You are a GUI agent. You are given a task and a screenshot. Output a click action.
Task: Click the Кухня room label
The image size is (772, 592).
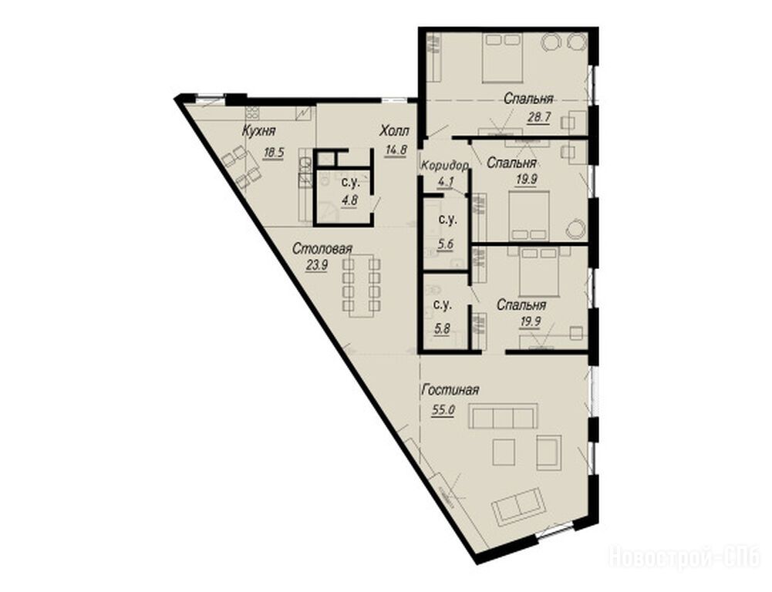point(258,131)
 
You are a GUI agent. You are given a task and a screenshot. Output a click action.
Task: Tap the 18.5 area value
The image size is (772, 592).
point(274,153)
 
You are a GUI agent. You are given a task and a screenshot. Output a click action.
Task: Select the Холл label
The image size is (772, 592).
point(394,131)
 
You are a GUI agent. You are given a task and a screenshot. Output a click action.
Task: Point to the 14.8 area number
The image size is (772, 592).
point(396,150)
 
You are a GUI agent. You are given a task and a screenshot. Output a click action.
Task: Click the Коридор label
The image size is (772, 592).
point(444,166)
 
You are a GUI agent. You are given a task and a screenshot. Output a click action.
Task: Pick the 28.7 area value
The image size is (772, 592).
point(538,118)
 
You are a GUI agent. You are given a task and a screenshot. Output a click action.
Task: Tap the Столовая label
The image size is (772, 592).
point(322,248)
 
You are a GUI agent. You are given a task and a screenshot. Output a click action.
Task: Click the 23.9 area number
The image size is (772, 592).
point(317,266)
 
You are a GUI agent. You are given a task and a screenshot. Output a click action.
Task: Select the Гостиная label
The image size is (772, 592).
point(450,390)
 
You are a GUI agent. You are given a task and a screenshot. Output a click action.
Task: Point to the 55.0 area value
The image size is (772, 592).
point(443,409)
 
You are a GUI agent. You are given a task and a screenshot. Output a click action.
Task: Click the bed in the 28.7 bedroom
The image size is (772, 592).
point(501,57)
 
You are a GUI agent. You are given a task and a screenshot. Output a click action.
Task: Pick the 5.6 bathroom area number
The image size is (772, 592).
point(446,244)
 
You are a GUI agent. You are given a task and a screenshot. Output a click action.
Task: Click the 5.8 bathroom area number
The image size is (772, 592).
point(442,328)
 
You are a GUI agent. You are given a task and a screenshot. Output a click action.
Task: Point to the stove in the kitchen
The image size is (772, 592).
point(252,113)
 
